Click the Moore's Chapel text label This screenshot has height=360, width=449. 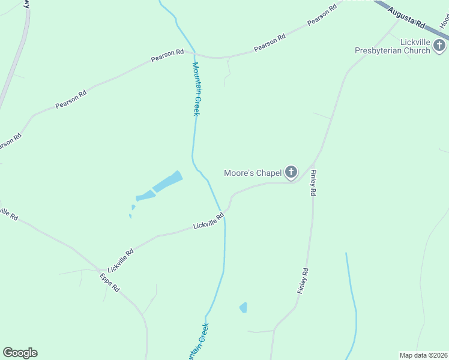point(253,173)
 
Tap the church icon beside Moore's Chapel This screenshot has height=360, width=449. point(291,173)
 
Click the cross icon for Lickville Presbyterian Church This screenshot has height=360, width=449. point(440,46)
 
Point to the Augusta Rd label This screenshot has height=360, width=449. point(406,19)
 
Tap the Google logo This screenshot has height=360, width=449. point(20,352)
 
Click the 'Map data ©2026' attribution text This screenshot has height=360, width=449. point(423,355)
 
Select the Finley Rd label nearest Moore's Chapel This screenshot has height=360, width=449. point(313,184)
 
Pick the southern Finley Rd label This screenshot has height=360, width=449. point(303,280)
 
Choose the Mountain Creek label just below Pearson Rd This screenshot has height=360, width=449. point(196,89)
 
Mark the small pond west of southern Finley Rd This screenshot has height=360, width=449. point(243,308)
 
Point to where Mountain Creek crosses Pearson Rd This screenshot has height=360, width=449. point(195,55)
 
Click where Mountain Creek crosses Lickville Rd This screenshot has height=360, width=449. point(224,214)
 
